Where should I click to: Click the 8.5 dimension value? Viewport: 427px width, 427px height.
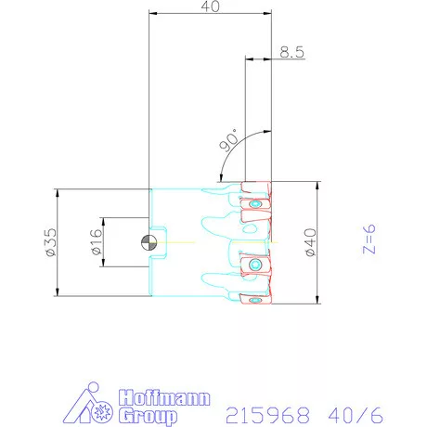tap(291, 52)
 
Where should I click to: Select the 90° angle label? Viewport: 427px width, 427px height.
tap(228, 141)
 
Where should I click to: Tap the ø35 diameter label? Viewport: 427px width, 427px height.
tap(51, 242)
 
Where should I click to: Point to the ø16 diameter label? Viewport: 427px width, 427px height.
tap(97, 242)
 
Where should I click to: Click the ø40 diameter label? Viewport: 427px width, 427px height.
tap(311, 242)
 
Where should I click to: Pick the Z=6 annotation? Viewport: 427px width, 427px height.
tap(369, 239)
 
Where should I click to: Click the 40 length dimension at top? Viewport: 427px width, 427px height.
tap(211, 6)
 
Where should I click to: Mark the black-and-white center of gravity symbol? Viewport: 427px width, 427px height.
tap(149, 242)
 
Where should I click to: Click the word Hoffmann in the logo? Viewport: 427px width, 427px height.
tap(164, 397)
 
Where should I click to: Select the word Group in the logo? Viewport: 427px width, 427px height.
tap(148, 416)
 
